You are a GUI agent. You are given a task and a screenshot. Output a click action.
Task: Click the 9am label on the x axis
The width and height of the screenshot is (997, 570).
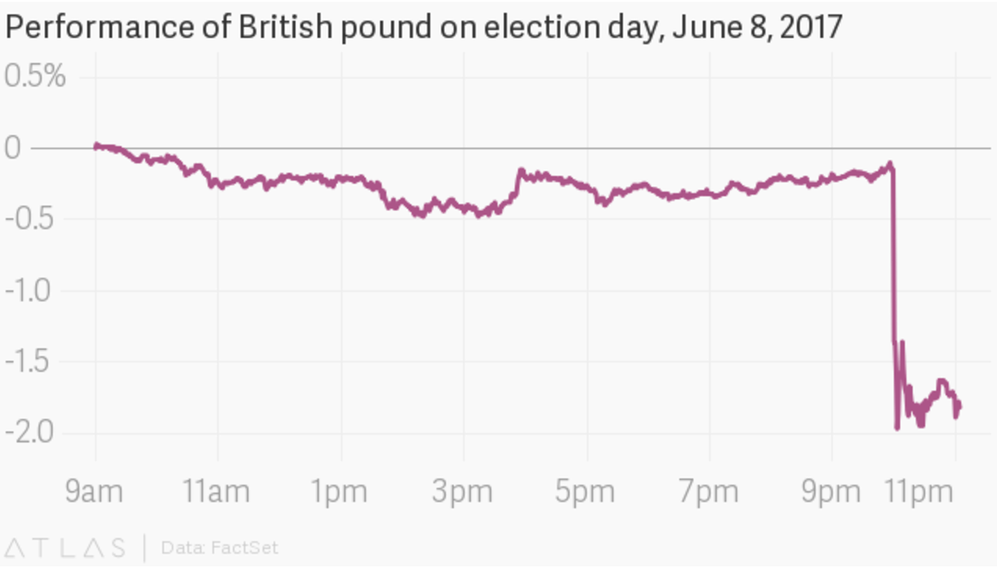click(93, 492)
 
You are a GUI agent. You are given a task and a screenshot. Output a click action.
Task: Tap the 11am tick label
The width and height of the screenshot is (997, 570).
click(216, 492)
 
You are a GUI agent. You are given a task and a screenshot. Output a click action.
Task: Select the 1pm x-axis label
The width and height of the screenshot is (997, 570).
click(340, 492)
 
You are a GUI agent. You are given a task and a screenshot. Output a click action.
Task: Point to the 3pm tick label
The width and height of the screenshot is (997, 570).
click(462, 492)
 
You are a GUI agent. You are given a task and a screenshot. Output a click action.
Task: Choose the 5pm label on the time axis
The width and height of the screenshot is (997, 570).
click(585, 492)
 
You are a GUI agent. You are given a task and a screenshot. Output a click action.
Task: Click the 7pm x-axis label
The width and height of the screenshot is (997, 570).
click(708, 492)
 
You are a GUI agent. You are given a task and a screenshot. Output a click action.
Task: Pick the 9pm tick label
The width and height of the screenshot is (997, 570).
click(831, 492)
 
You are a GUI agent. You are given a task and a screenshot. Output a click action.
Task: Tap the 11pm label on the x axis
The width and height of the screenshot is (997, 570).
click(919, 492)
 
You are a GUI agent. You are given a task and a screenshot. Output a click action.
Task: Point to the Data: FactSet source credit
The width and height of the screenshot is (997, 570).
click(219, 547)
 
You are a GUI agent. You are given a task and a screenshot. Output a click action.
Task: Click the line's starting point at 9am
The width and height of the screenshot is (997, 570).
click(96, 145)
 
